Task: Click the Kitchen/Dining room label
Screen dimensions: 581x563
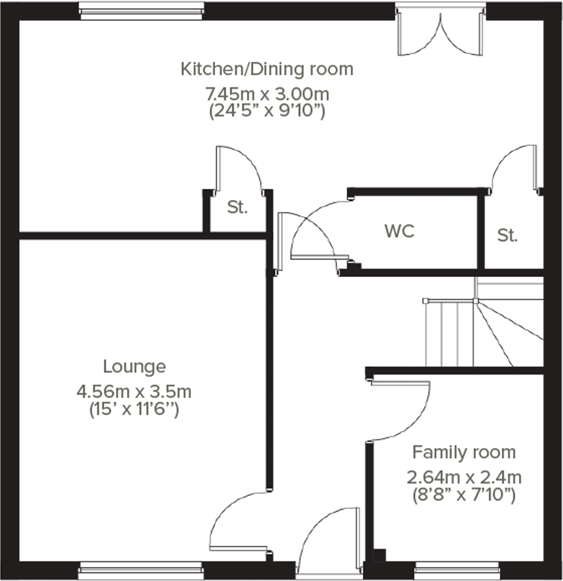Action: click(267, 70)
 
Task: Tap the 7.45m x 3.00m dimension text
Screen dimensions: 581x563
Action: click(267, 94)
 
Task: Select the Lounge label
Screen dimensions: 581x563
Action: click(134, 367)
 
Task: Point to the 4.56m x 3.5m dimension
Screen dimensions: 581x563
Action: click(134, 392)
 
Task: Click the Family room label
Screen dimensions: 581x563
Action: click(464, 453)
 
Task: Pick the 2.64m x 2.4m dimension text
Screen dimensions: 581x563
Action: click(464, 478)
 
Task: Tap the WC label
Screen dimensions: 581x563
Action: click(400, 231)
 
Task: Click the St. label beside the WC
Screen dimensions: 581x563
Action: click(507, 235)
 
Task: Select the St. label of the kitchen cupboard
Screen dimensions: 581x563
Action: click(237, 207)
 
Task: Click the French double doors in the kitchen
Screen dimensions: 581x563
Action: click(440, 32)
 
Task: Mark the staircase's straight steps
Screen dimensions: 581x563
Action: click(449, 334)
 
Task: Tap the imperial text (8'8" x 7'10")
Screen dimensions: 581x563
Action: click(464, 495)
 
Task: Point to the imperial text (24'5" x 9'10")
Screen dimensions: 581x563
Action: click(267, 111)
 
